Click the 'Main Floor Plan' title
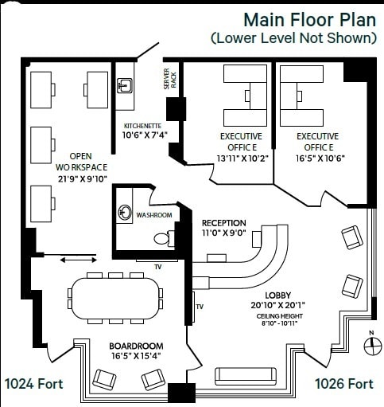pyautogui.click(x=308, y=18)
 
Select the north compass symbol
pyautogui.click(x=370, y=344)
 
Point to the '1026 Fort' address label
pyautogui.click(x=343, y=384)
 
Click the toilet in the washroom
pyautogui.click(x=161, y=238)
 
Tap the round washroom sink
pyautogui.click(x=125, y=213)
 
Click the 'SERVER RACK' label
pyautogui.click(x=167, y=83)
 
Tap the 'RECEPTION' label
pyautogui.click(x=223, y=223)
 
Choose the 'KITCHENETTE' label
pyautogui.click(x=144, y=126)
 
